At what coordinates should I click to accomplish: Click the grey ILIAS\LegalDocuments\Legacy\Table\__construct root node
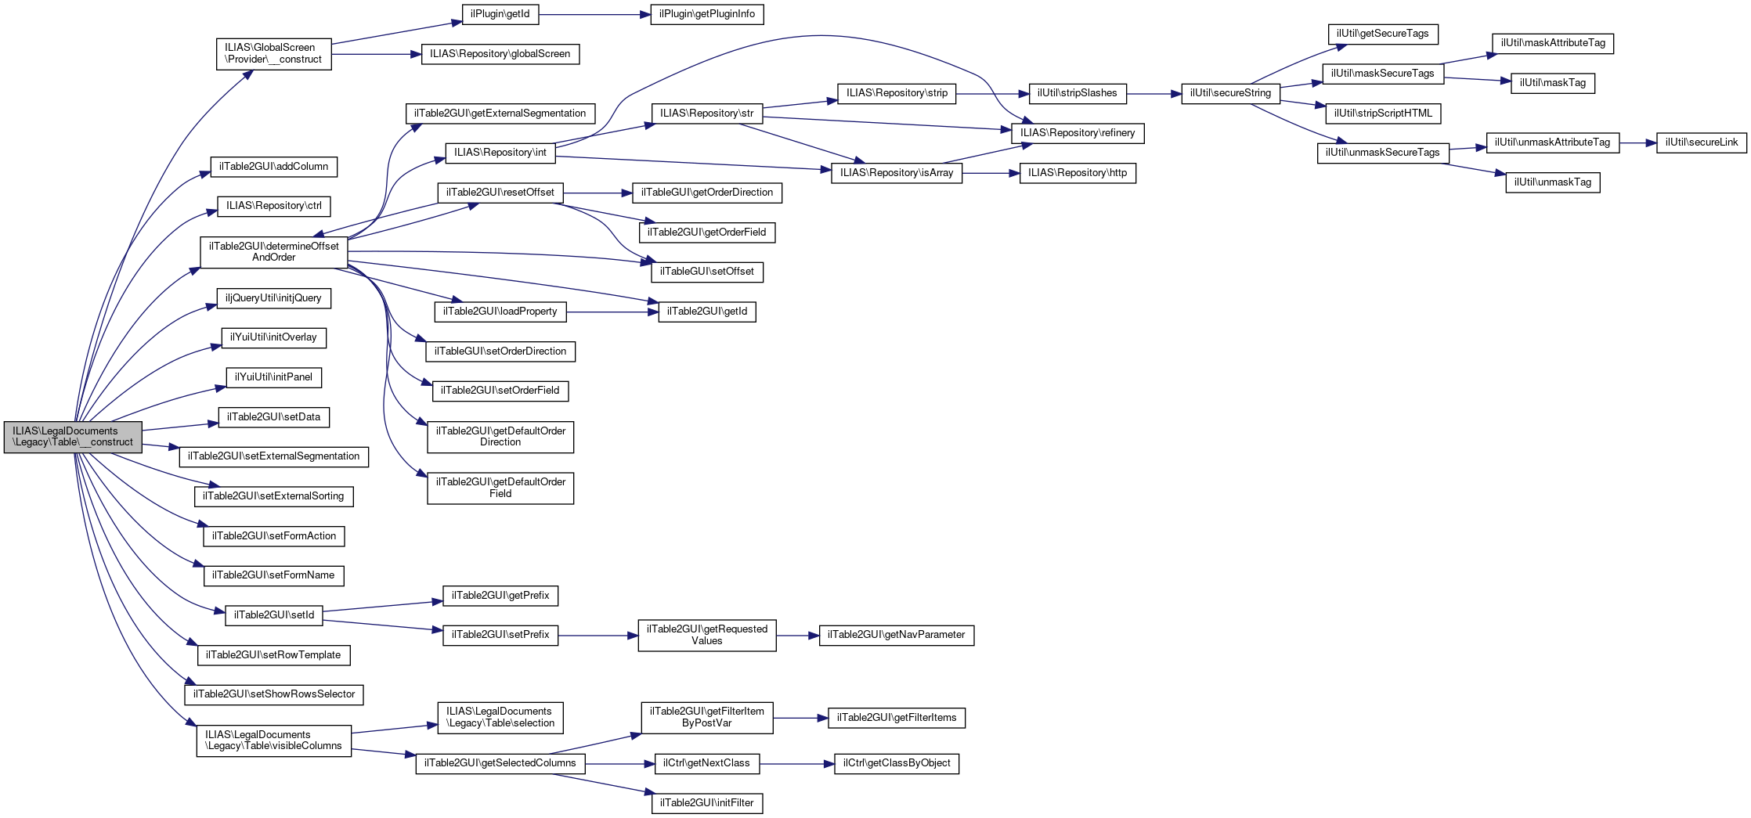[73, 437]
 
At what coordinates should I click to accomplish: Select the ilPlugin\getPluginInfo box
[706, 14]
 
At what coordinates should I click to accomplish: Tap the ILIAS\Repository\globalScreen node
[500, 54]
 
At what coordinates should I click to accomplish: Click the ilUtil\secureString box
[1230, 93]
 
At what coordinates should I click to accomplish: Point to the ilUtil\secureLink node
[1701, 142]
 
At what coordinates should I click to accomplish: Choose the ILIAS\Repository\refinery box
[1077, 133]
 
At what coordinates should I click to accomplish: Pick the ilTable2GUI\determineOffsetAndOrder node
[273, 252]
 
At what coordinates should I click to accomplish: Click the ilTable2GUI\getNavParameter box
[896, 635]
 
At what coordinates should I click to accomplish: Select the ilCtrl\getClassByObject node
[897, 763]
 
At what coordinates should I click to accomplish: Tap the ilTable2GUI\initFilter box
[706, 803]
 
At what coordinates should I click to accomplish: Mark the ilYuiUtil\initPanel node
[273, 377]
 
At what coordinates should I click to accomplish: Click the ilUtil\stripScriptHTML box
[1383, 114]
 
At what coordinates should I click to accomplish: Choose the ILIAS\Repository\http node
[1077, 173]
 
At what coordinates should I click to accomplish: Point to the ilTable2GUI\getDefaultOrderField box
[500, 488]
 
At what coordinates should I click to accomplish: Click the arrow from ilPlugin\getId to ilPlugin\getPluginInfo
[594, 14]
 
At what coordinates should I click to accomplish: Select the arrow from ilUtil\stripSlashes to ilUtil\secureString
[1153, 94]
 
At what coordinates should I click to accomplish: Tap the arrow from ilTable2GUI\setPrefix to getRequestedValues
[598, 636]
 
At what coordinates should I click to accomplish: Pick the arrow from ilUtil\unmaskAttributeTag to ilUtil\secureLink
[1637, 143]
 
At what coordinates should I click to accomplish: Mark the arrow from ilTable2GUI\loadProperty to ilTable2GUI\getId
[612, 312]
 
